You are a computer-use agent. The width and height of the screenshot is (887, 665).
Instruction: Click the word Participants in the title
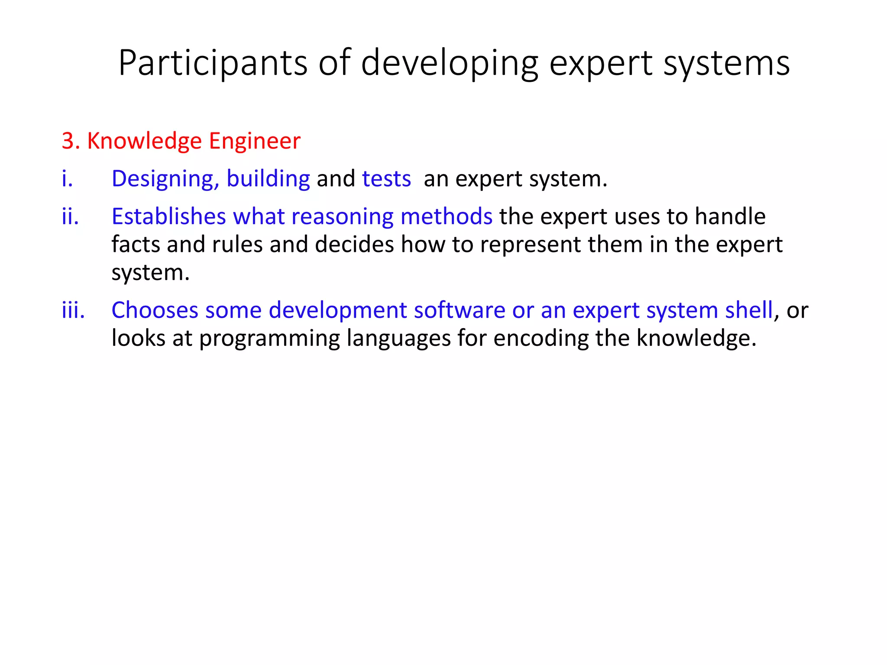coord(213,64)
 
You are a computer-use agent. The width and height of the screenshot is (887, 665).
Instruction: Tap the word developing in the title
coord(449,64)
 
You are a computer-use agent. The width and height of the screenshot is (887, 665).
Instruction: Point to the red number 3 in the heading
coord(67,141)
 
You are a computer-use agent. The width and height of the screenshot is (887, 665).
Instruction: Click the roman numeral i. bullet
coord(67,178)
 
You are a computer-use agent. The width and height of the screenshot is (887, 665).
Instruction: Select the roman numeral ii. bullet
coord(70,216)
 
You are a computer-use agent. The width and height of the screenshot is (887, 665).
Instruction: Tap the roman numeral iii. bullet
coord(73,310)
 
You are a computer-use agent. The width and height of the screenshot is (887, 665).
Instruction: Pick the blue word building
coord(268,178)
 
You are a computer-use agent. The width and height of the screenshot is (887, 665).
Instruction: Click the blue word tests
coord(386,178)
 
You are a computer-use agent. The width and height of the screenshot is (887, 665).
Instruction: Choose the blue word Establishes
coord(168,216)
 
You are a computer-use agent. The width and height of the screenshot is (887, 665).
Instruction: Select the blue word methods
coord(446,216)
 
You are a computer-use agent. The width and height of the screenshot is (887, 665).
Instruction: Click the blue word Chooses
coord(155,310)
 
